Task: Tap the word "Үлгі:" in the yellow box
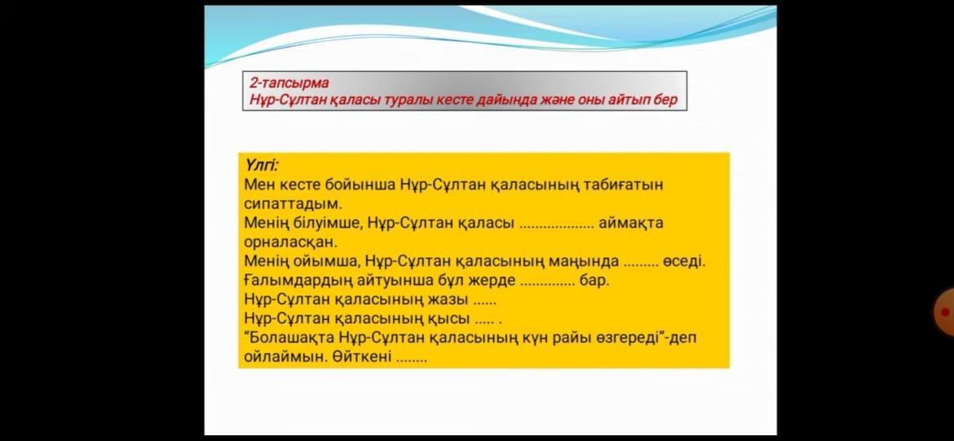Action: pyautogui.click(x=261, y=165)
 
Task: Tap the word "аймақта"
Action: pyautogui.click(x=631, y=223)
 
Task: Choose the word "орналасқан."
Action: pyautogui.click(x=290, y=243)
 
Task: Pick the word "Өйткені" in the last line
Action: pyautogui.click(x=363, y=357)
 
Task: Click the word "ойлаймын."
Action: pyautogui.click(x=286, y=358)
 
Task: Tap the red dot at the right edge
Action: pyautogui.click(x=945, y=313)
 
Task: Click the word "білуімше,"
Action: pyautogui.click(x=332, y=223)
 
